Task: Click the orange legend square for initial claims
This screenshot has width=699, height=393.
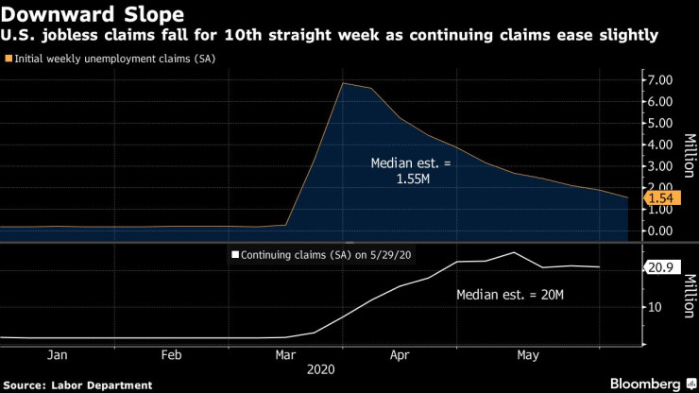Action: pyautogui.click(x=9, y=59)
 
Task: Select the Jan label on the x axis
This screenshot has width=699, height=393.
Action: pyautogui.click(x=57, y=355)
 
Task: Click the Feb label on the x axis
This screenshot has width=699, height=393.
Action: pyautogui.click(x=171, y=355)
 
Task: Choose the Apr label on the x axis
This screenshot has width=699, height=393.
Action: pyautogui.click(x=400, y=355)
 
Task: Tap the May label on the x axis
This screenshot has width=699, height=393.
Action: pyautogui.click(x=528, y=355)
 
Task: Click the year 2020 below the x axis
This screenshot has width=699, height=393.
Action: pyautogui.click(x=340, y=371)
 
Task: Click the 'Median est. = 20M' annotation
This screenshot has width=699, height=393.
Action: pyautogui.click(x=510, y=295)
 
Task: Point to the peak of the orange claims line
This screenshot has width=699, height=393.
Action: pyautogui.click(x=342, y=83)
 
